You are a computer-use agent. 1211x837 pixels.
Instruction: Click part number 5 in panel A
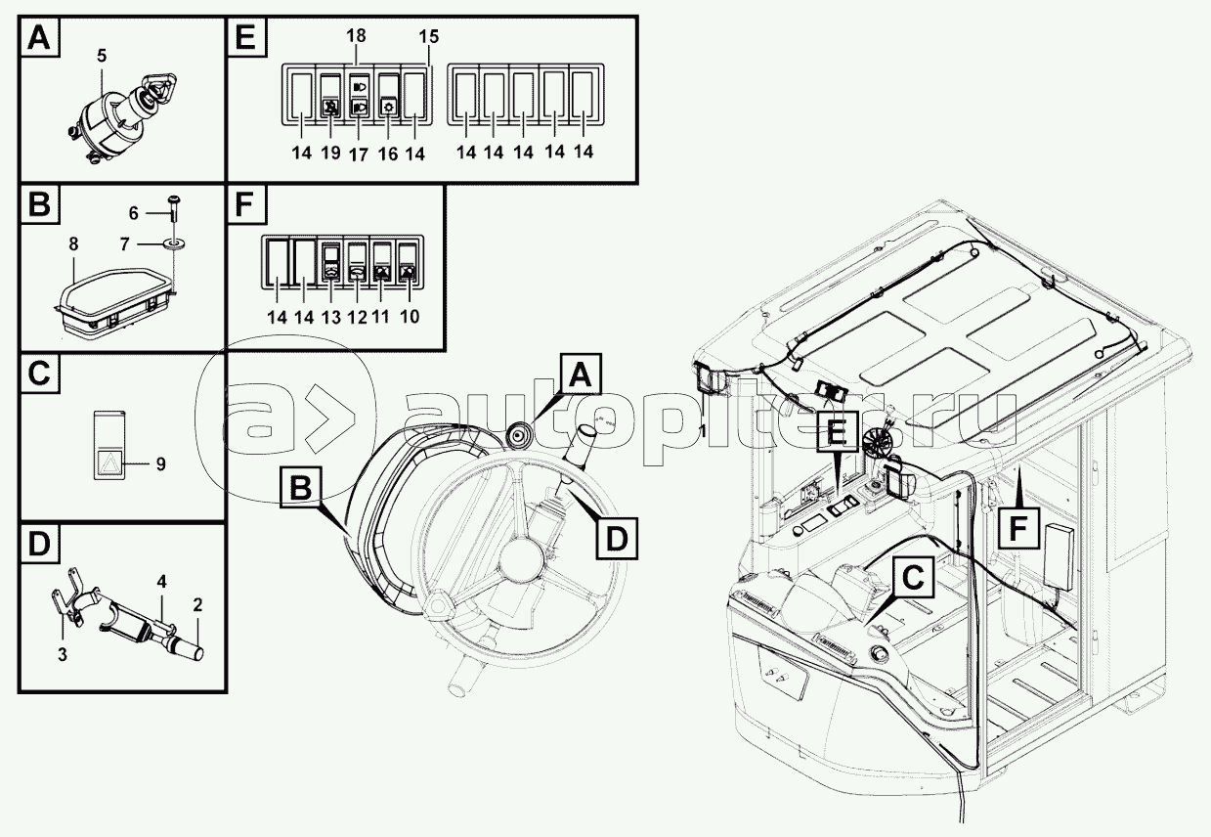(102, 56)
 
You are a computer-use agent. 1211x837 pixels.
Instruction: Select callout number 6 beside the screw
(134, 213)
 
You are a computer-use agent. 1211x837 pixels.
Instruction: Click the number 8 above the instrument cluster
(73, 244)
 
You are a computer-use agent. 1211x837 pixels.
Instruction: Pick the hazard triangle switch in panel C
(108, 445)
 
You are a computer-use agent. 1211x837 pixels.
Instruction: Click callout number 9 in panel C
(160, 463)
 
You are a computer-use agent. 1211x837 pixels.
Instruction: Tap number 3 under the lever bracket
(63, 655)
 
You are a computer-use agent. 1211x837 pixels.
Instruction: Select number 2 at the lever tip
(197, 605)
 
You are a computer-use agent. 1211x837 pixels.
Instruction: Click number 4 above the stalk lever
(161, 582)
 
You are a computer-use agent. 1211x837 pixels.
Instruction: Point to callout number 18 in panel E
(356, 35)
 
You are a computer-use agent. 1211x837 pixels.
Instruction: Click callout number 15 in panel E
(429, 37)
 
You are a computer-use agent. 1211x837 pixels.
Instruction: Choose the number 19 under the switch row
(330, 153)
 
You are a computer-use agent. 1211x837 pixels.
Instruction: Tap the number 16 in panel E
(388, 154)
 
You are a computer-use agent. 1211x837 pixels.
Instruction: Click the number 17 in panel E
(359, 154)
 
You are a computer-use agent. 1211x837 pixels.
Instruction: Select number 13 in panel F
(330, 318)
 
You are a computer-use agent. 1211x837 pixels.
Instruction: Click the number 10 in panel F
(410, 317)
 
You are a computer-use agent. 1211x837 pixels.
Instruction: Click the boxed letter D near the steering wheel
(617, 539)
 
